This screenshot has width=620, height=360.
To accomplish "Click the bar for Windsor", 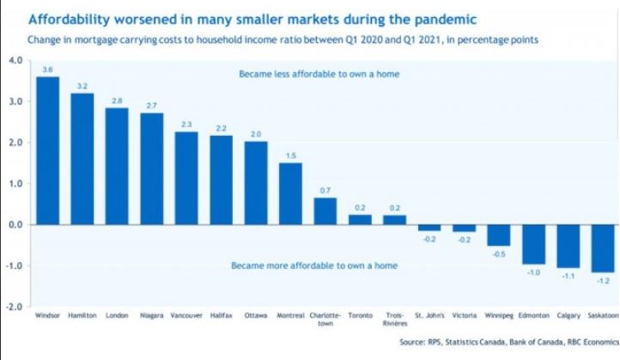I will [47, 150].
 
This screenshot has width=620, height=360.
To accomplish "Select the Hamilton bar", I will [82, 159].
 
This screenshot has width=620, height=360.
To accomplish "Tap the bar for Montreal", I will [290, 193].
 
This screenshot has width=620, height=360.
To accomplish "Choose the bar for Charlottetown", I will [325, 211].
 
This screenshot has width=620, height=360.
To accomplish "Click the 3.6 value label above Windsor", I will [47, 68].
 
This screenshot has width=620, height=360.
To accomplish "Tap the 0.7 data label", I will [325, 189].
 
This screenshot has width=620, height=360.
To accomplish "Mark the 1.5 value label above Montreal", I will [290, 155].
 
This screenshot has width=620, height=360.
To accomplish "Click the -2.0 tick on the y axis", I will [15, 307].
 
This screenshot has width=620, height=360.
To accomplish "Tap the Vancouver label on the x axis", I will [186, 316].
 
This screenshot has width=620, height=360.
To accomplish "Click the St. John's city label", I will [429, 316].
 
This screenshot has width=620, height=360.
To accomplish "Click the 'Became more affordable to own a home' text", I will [314, 265].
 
